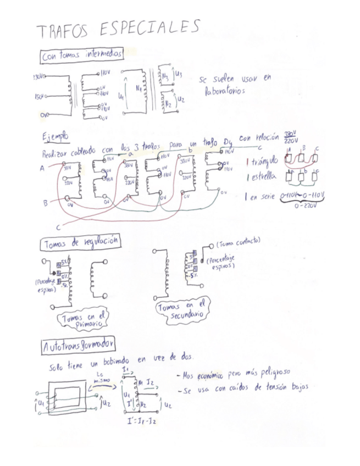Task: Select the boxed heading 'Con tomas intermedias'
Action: pos(81,56)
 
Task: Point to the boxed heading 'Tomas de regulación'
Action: pos(80,242)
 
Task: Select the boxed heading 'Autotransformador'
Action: pos(78,345)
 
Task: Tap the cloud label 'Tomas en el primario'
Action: pos(84,319)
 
